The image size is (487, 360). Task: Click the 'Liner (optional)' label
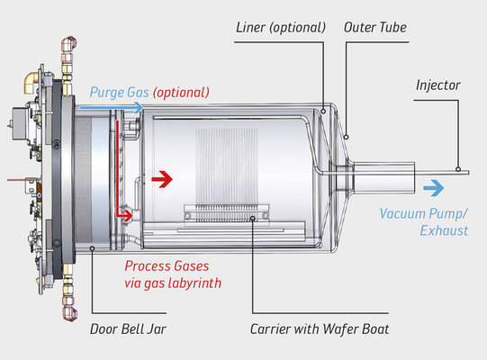click(281, 28)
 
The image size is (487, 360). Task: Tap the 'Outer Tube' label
click(375, 27)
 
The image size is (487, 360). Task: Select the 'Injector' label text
click(438, 85)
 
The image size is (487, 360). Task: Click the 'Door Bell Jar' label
click(128, 329)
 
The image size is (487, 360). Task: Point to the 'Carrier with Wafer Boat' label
click(320, 329)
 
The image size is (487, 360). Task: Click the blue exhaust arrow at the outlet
click(434, 188)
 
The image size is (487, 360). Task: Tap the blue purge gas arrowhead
click(137, 108)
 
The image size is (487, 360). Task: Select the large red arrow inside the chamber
click(162, 179)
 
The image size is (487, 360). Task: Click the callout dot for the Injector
click(458, 169)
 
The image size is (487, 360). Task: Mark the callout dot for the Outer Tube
click(346, 137)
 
